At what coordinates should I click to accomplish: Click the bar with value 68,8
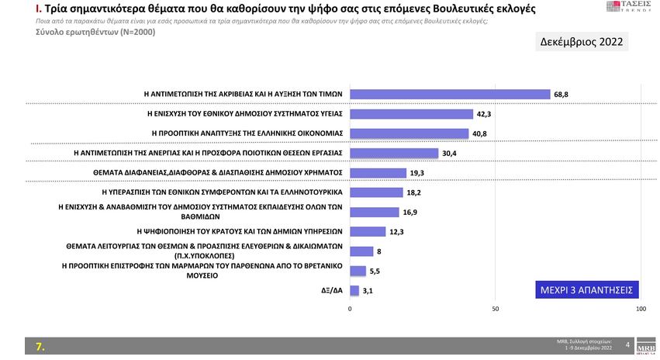450,93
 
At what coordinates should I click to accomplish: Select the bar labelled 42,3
411,113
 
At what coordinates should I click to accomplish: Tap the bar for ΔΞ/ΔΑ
354,291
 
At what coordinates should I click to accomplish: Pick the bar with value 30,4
394,153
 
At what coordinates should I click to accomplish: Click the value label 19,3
417,172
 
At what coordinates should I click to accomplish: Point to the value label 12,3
396,231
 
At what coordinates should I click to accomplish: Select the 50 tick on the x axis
496,309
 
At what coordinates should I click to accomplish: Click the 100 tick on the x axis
641,309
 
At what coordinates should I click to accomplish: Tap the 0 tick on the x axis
351,309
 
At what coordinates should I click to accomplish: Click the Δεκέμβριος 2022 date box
582,42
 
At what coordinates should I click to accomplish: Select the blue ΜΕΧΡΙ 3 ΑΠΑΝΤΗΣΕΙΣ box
586,290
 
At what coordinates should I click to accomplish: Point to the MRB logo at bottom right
644,344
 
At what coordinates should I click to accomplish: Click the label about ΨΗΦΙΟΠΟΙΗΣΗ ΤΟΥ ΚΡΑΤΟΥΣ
240,231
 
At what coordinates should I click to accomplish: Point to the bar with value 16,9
375,212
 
